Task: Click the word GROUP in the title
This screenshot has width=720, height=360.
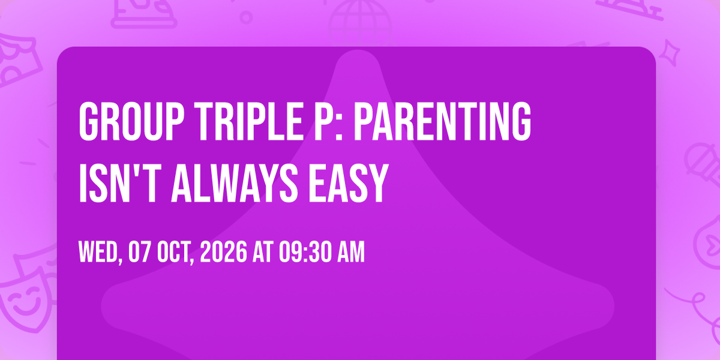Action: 132,121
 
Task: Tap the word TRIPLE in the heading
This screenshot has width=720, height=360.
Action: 249,121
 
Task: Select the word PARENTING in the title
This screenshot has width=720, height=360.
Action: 442,121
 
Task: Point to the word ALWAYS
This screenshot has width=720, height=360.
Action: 235,183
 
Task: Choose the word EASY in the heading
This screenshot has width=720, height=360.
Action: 349,183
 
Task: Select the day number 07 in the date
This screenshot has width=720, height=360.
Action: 139,252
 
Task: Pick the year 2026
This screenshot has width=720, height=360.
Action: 224,252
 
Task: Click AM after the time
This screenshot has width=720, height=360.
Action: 351,252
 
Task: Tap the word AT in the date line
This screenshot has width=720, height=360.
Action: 263,252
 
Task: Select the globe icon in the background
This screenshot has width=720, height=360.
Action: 360,23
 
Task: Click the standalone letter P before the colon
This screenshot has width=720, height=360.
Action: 323,121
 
